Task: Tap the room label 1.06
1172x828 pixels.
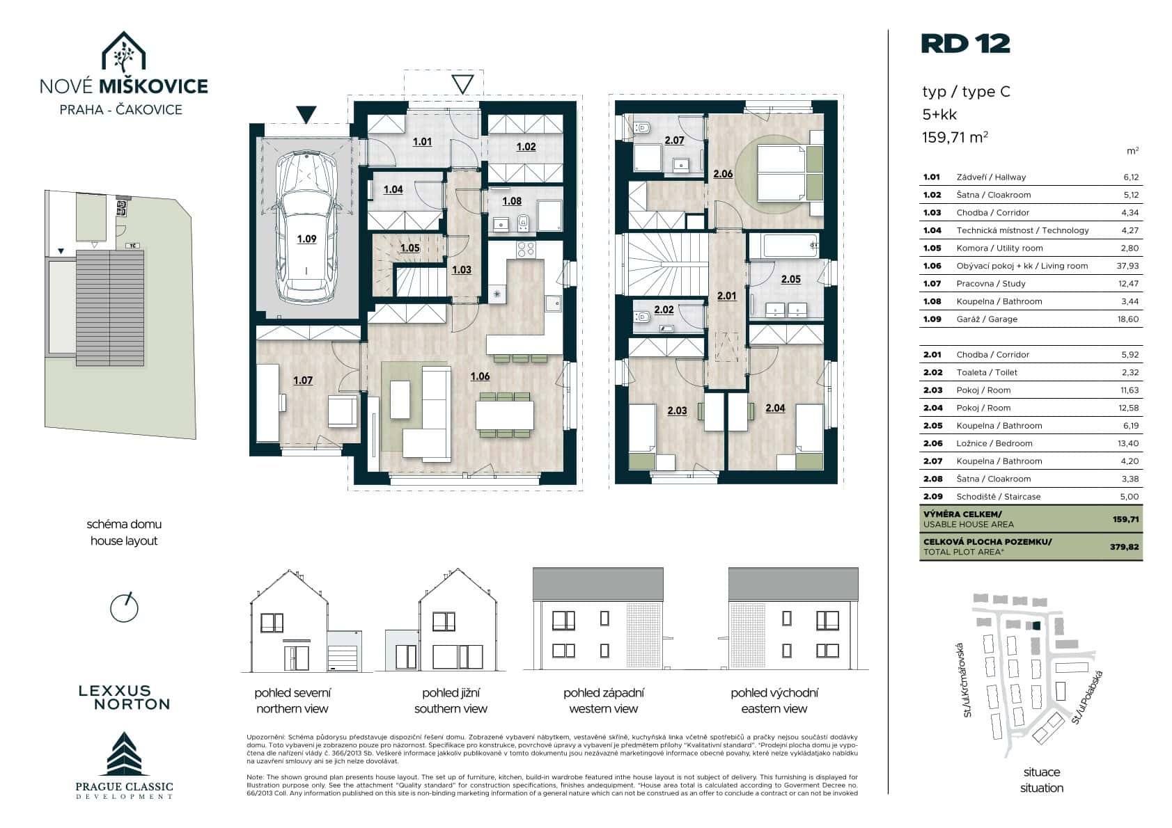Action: pyautogui.click(x=480, y=376)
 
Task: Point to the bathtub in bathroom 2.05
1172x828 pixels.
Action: pyautogui.click(x=790, y=246)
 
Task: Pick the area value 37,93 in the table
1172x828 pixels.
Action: pyautogui.click(x=1127, y=266)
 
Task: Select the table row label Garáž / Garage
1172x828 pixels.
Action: pyautogui.click(x=987, y=319)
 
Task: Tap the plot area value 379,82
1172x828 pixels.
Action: pyautogui.click(x=1125, y=547)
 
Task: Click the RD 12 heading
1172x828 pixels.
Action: pyautogui.click(x=965, y=44)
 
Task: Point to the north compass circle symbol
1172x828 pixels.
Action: pyautogui.click(x=124, y=608)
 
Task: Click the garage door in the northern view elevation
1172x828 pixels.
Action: pyautogui.click(x=344, y=658)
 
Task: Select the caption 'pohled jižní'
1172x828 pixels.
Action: pyautogui.click(x=451, y=693)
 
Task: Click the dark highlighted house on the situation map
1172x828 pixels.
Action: pyautogui.click(x=1036, y=626)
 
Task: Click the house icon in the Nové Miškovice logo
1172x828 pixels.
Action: pyautogui.click(x=123, y=52)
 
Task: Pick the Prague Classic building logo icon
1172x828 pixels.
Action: pyautogui.click(x=124, y=754)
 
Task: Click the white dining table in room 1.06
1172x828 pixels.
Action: pyautogui.click(x=504, y=415)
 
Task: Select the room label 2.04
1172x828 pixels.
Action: pyautogui.click(x=775, y=408)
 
